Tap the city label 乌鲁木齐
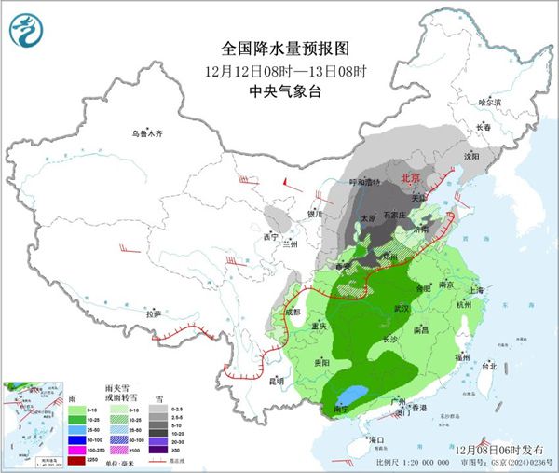[145, 134]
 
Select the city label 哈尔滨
[489, 102]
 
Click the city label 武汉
[402, 307]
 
